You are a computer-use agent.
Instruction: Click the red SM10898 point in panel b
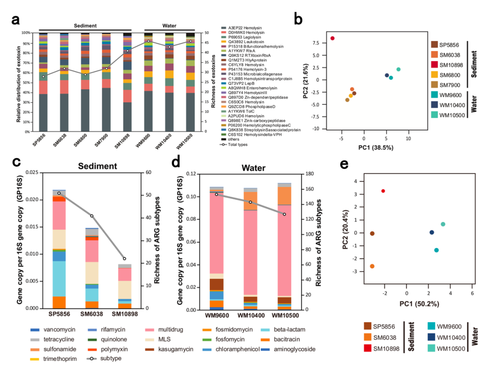pyautogui.click(x=332, y=38)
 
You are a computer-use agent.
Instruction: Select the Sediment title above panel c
pyautogui.click(x=98, y=167)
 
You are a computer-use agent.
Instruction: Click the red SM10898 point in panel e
pyautogui.click(x=383, y=191)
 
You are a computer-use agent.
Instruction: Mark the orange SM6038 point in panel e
pyautogui.click(x=372, y=266)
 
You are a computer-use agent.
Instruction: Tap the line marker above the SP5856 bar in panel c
pyautogui.click(x=59, y=193)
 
